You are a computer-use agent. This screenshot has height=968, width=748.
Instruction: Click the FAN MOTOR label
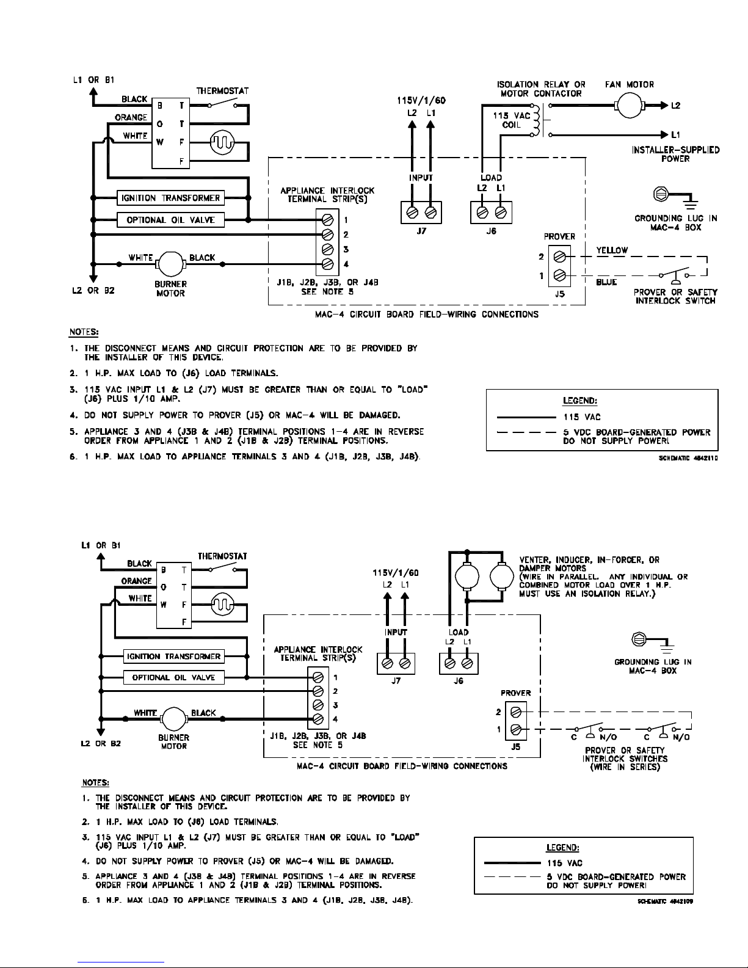click(x=629, y=84)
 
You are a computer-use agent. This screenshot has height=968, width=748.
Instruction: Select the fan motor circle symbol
click(x=630, y=106)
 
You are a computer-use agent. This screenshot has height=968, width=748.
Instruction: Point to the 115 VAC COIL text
click(x=512, y=120)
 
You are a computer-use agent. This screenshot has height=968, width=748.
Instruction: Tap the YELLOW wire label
click(x=612, y=250)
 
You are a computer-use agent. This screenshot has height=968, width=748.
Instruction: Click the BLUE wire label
click(x=606, y=282)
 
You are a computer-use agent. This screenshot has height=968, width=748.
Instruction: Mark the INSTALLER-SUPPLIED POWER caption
click(x=675, y=154)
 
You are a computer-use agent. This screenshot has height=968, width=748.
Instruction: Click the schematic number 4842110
click(x=688, y=458)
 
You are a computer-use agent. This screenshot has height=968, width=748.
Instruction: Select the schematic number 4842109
click(x=665, y=901)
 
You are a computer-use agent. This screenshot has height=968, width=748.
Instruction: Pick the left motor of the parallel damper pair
click(x=467, y=577)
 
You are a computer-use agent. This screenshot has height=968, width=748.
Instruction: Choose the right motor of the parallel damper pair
click(x=502, y=577)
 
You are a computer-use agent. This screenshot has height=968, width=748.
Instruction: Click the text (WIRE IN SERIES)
click(x=625, y=766)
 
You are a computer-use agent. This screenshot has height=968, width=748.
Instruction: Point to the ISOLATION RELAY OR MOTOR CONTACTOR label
click(x=541, y=89)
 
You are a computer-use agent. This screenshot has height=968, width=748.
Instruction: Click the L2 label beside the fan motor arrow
click(x=675, y=106)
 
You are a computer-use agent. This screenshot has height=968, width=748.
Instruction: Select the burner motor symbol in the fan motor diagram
click(x=170, y=264)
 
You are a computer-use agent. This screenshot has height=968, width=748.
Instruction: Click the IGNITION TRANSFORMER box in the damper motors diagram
click(x=173, y=656)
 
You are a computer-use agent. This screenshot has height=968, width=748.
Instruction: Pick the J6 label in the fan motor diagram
click(x=491, y=231)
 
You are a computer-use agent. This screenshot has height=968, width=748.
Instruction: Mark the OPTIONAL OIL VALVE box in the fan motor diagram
click(x=170, y=220)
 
